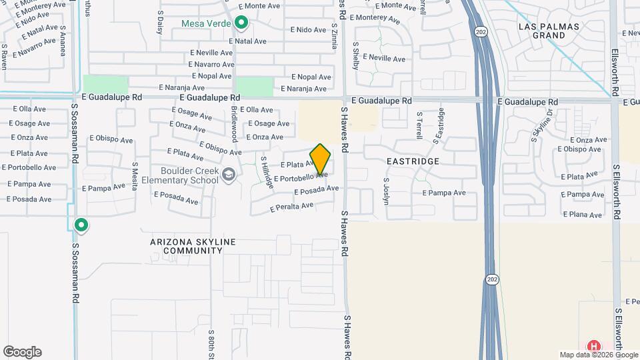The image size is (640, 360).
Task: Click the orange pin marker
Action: click(x=320, y=159)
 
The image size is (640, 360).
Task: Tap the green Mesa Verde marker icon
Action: click(x=241, y=25)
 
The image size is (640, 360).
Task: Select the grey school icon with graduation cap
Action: click(x=229, y=175)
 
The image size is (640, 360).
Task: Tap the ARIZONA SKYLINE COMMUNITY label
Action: click(x=186, y=246)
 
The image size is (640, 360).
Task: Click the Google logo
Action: click(x=22, y=352)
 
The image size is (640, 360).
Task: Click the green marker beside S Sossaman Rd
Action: click(x=81, y=225)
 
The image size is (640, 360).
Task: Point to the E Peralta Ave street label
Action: click(x=291, y=207)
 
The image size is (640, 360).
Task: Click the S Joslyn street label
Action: click(x=386, y=189)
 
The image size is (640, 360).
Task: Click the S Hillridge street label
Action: click(x=267, y=172)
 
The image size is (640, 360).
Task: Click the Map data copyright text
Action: click(x=598, y=355)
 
